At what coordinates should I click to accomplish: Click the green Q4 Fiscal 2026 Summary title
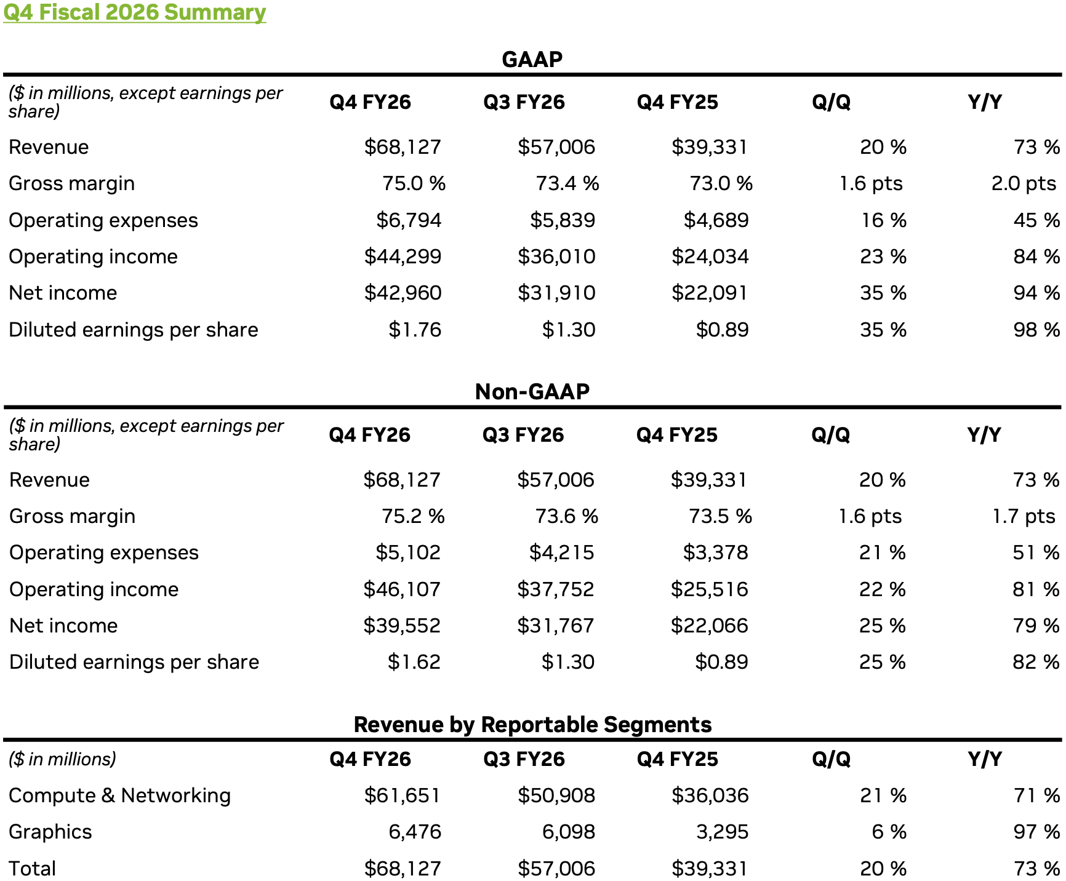(x=134, y=12)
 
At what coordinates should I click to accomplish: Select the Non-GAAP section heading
(x=532, y=391)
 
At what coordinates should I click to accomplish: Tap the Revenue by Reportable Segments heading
(x=532, y=724)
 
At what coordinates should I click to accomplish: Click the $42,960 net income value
(x=403, y=293)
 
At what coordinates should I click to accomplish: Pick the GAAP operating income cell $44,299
(x=403, y=257)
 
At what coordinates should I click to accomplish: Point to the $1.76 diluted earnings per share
(x=415, y=330)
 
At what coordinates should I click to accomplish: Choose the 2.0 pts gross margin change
(x=1024, y=183)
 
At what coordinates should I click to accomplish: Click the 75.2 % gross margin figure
(x=413, y=516)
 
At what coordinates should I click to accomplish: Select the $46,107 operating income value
(x=402, y=589)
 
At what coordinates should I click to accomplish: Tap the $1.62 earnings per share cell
(x=414, y=662)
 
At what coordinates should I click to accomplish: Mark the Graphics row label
(x=50, y=832)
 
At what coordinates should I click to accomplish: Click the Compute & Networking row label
(x=120, y=795)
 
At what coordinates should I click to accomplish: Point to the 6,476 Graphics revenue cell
(x=415, y=832)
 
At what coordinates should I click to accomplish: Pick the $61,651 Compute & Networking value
(x=403, y=795)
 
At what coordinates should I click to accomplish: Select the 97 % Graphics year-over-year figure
(x=1036, y=832)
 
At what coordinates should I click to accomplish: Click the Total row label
(x=33, y=868)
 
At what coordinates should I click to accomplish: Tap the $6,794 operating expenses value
(x=409, y=220)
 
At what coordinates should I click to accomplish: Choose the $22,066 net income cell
(x=709, y=626)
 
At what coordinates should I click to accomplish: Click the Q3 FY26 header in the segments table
(x=524, y=759)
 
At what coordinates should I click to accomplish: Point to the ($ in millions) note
(x=62, y=759)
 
